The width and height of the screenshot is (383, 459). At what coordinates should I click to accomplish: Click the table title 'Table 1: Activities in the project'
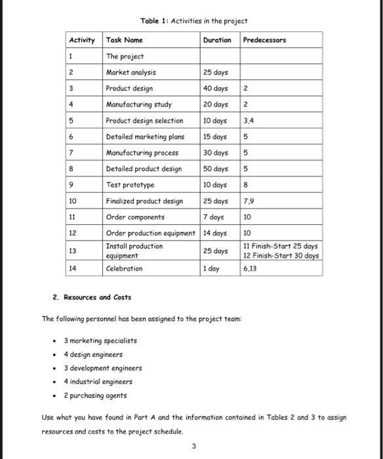coord(194,21)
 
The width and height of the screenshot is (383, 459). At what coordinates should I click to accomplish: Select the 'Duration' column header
coord(217,40)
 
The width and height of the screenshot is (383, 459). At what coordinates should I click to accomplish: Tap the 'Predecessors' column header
coord(264,40)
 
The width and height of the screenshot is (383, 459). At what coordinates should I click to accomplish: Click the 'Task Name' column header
coord(125,40)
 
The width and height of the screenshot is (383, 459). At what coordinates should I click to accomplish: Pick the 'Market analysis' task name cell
coord(131,72)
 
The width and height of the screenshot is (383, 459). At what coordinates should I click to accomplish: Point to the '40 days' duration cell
coord(216,89)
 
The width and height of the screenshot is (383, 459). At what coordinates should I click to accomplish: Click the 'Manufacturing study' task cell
coord(138,104)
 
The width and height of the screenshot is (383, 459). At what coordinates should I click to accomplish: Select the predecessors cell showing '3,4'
coord(250,121)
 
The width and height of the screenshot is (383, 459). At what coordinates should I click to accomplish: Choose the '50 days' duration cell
coord(216,169)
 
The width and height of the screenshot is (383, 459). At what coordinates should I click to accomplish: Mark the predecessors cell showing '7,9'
coord(249,201)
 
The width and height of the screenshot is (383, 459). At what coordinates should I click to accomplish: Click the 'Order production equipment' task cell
coord(151,233)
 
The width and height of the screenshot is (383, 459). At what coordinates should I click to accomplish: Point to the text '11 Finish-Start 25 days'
coord(281,246)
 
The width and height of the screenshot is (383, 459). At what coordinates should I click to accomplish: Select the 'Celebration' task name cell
coord(124,269)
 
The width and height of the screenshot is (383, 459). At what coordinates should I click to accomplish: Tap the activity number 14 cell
coord(73,269)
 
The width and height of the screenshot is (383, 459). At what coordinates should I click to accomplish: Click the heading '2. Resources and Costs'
coord(92,298)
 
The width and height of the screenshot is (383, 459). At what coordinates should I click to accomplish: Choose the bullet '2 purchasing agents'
coord(95,395)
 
